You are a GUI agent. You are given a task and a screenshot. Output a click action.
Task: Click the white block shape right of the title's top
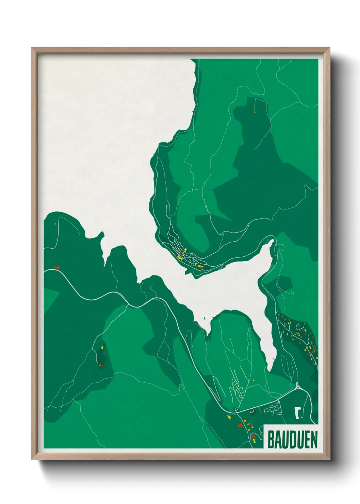point(298,413)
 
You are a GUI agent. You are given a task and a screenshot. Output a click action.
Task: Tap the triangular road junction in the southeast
point(298,386)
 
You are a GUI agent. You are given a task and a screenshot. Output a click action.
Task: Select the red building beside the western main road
point(56,267)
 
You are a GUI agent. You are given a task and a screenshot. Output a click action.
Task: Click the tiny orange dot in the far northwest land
point(55,224)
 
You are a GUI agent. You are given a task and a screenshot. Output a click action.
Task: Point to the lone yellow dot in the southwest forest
point(102,348)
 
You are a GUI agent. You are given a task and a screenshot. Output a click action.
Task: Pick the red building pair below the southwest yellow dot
point(100,366)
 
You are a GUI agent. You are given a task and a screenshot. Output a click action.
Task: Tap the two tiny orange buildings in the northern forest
point(254,111)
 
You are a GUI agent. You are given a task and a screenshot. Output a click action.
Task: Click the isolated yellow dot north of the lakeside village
point(205,206)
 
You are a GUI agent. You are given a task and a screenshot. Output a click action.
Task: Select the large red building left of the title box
point(240,426)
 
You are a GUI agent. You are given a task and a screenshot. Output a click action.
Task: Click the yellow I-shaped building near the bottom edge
point(254,441)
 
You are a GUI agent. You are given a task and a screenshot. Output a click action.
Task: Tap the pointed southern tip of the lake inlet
point(270,369)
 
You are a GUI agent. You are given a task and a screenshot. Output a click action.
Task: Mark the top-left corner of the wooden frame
point(32,48)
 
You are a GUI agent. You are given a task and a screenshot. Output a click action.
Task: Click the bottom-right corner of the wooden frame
point(330,459)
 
